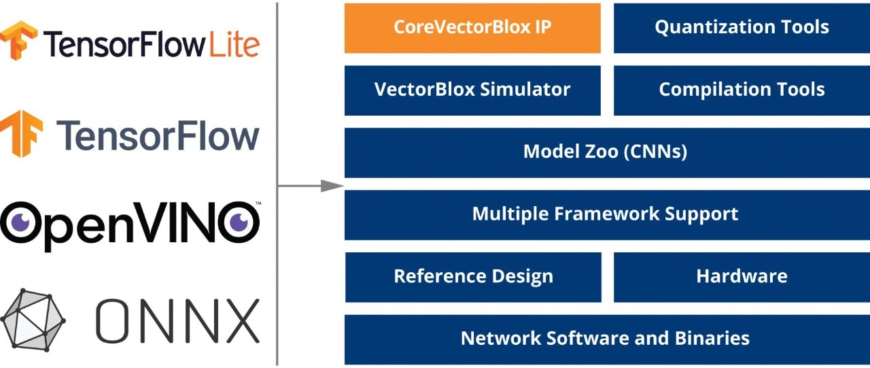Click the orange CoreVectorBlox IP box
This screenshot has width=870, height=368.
tap(472, 28)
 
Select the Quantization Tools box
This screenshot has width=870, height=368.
tap(742, 28)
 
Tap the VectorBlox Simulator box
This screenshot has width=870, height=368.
tap(472, 90)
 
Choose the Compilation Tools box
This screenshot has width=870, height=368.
tap(742, 90)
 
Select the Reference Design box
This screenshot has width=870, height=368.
tap(473, 277)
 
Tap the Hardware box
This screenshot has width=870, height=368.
tap(742, 277)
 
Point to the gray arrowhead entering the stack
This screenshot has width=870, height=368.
tap(332, 186)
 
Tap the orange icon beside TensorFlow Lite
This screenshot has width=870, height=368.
tap(18, 40)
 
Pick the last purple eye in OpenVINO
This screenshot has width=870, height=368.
tap(239, 222)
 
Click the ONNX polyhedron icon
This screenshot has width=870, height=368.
tap(33, 320)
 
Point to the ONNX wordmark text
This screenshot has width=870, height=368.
tap(177, 320)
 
